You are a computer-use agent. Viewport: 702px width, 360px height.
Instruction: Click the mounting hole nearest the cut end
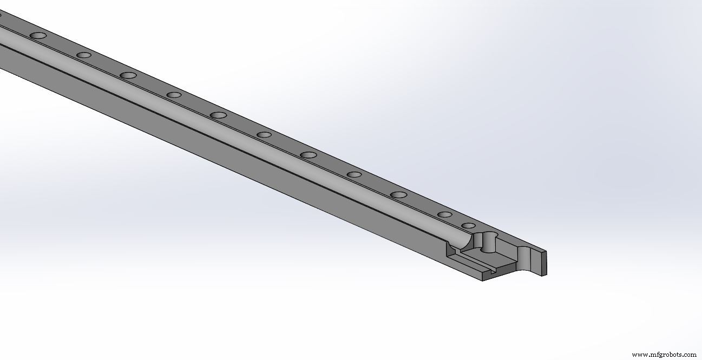coord(468,225)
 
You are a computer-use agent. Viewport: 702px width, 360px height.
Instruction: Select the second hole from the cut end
coord(445,214)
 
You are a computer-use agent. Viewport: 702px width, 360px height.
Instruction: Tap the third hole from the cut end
coord(398,194)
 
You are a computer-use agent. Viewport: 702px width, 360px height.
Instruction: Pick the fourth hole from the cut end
coord(354,174)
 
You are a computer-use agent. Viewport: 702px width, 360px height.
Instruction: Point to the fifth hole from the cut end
coord(309,155)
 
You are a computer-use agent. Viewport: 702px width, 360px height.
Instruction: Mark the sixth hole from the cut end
coord(264,135)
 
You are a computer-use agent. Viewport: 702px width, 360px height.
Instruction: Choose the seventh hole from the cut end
coord(218,115)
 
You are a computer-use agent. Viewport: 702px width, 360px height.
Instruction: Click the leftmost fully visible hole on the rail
coord(38,35)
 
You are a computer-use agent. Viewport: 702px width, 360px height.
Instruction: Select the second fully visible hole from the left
coord(83,55)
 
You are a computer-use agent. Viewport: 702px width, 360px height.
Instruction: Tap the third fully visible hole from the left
coord(128,75)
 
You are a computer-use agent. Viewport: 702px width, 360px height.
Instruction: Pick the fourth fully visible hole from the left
coord(174,95)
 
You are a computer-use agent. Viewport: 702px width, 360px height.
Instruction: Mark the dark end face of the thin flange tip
coord(543,263)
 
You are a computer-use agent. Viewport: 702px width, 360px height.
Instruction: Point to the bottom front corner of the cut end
coord(483,280)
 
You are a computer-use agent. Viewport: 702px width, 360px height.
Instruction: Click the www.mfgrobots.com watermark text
coord(664,355)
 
